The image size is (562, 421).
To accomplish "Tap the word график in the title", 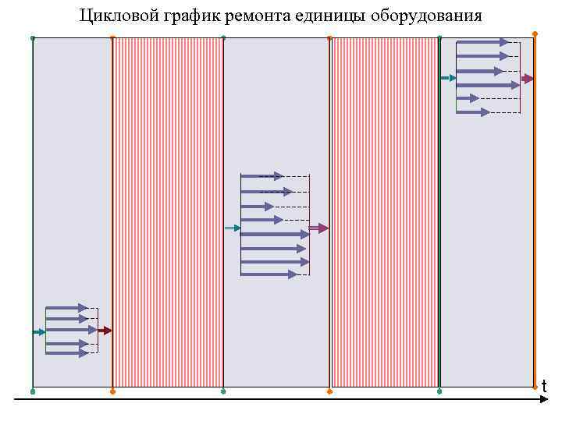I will click(x=183, y=15).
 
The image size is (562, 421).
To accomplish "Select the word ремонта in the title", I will click(x=253, y=15).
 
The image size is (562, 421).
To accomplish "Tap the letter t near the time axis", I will click(x=543, y=387).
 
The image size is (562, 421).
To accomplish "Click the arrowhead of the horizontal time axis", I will click(x=546, y=400).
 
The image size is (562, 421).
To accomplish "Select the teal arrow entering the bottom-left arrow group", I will click(x=39, y=332).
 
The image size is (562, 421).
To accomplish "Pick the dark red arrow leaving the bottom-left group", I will click(x=105, y=331).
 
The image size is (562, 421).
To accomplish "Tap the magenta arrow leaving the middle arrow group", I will click(x=318, y=228).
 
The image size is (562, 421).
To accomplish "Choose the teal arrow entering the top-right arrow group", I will click(x=448, y=78).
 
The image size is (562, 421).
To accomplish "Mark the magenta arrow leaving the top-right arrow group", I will click(x=528, y=79).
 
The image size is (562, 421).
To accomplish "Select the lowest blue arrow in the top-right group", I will click(x=473, y=112).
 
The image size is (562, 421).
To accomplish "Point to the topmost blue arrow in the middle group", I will click(x=262, y=176).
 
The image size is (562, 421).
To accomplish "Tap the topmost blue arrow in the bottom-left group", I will click(x=66, y=308).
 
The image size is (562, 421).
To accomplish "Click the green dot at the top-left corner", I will click(x=33, y=37).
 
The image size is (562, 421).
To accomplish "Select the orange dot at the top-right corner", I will click(x=535, y=34).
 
